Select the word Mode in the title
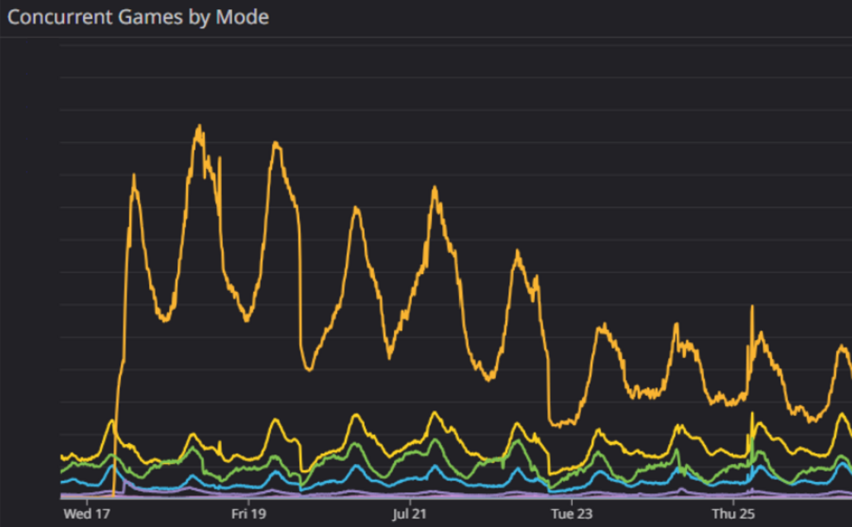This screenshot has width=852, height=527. [242, 17]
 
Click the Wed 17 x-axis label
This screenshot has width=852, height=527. [88, 514]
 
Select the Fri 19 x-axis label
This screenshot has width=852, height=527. [249, 514]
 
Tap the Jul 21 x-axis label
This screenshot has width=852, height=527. [410, 514]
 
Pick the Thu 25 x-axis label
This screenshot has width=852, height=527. [733, 514]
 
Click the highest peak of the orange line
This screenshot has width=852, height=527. [199, 126]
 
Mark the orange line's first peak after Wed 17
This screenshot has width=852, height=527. [134, 176]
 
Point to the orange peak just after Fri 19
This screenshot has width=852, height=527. [275, 143]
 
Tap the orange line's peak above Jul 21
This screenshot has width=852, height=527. [434, 187]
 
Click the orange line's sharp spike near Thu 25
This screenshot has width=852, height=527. [752, 306]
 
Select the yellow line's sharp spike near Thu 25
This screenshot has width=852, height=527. [752, 414]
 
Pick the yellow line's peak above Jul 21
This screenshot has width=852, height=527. [434, 413]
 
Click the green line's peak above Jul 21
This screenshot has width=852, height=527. [434, 440]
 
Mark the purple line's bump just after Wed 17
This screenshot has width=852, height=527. [126, 481]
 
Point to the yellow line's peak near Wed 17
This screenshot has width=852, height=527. [112, 421]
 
